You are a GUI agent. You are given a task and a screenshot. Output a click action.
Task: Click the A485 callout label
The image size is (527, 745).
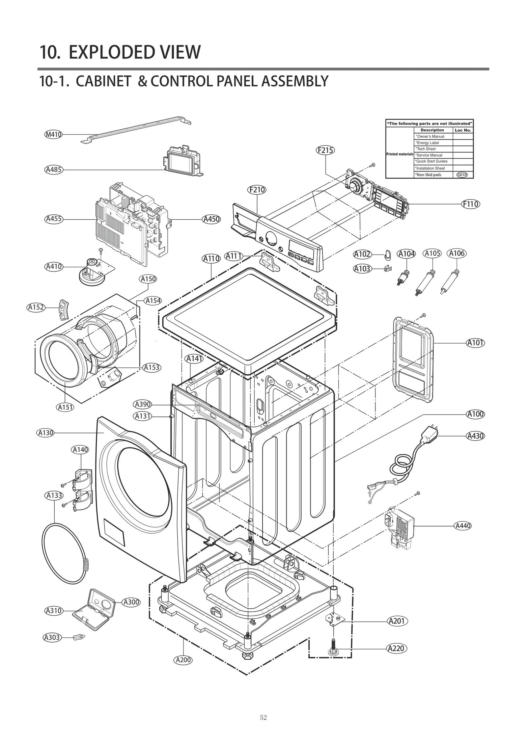[x=53, y=170]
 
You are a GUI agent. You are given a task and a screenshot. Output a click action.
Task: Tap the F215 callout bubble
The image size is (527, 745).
[x=325, y=150]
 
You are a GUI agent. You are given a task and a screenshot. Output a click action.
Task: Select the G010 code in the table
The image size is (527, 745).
[x=462, y=175]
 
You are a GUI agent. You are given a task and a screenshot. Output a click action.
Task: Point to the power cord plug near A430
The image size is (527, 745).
[x=430, y=434]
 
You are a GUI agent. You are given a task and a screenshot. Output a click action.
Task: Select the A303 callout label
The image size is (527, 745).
[x=52, y=637]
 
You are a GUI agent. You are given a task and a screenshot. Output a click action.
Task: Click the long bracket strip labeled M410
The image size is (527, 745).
[x=135, y=130]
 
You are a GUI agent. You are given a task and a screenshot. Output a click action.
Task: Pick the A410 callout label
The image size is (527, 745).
[x=54, y=266]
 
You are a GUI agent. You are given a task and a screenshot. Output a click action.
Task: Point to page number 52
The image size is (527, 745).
[x=263, y=718]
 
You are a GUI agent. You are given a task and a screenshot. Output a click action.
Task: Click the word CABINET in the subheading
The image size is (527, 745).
[x=103, y=81]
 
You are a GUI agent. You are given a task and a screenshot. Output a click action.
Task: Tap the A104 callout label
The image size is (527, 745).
[x=406, y=254]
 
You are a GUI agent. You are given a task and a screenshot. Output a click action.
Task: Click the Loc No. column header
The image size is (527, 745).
[x=463, y=130]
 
